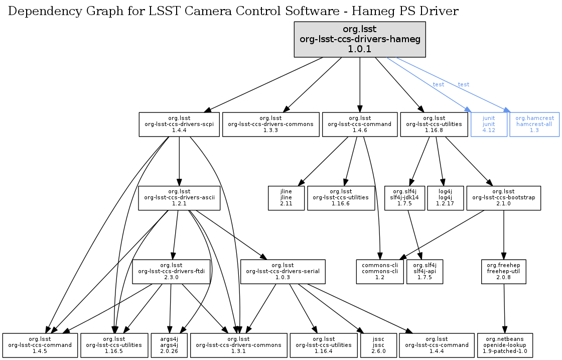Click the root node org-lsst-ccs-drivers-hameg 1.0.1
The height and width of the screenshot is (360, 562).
(360, 39)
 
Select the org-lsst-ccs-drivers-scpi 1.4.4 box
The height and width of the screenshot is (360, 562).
(179, 124)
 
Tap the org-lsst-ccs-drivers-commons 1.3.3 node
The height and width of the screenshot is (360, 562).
(271, 124)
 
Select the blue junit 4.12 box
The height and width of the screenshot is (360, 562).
(489, 124)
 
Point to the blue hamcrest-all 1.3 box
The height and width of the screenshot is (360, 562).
(534, 124)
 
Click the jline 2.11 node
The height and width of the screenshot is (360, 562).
(287, 198)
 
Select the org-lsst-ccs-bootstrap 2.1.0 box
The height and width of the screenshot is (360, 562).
(503, 198)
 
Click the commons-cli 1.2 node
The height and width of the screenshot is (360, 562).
(380, 272)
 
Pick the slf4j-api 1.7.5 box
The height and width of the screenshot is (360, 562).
(425, 272)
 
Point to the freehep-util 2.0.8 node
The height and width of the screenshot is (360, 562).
(503, 272)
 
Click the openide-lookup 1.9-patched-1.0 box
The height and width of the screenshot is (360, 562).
(505, 345)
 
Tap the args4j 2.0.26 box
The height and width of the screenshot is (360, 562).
(170, 345)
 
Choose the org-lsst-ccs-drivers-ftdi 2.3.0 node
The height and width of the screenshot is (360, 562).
(171, 272)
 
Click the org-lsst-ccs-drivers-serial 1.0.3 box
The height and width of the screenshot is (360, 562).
(283, 272)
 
